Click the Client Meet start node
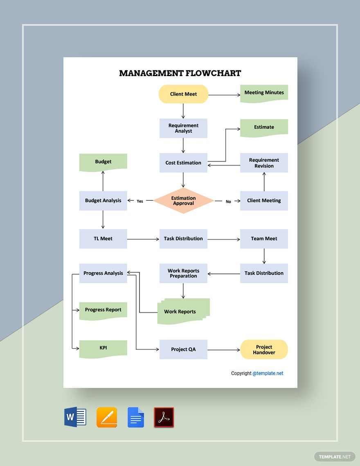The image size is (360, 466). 183,94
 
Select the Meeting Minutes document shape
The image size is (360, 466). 264,93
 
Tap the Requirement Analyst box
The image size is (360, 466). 183,128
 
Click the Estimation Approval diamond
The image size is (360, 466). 183,201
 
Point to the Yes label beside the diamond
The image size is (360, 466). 140,201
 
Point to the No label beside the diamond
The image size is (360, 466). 228,202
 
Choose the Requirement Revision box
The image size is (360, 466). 264,163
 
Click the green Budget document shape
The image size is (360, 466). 103,162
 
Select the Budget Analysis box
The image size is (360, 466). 103,201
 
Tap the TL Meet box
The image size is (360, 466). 103,239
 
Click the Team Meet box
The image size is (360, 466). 264,239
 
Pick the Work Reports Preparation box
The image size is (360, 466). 183,273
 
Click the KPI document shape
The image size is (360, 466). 103,348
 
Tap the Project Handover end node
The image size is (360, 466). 264,349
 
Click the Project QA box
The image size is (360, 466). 183,349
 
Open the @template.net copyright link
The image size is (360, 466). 268,373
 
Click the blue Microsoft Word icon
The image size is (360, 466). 75,417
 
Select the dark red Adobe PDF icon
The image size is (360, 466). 164,417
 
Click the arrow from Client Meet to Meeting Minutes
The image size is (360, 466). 224,95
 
